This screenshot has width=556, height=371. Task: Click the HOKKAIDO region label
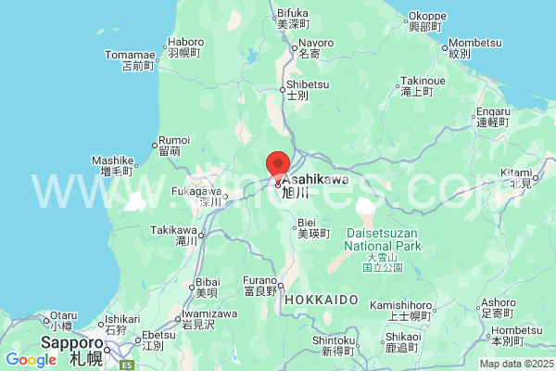tap(322, 300)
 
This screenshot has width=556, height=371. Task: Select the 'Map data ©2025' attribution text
tap(515, 363)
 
